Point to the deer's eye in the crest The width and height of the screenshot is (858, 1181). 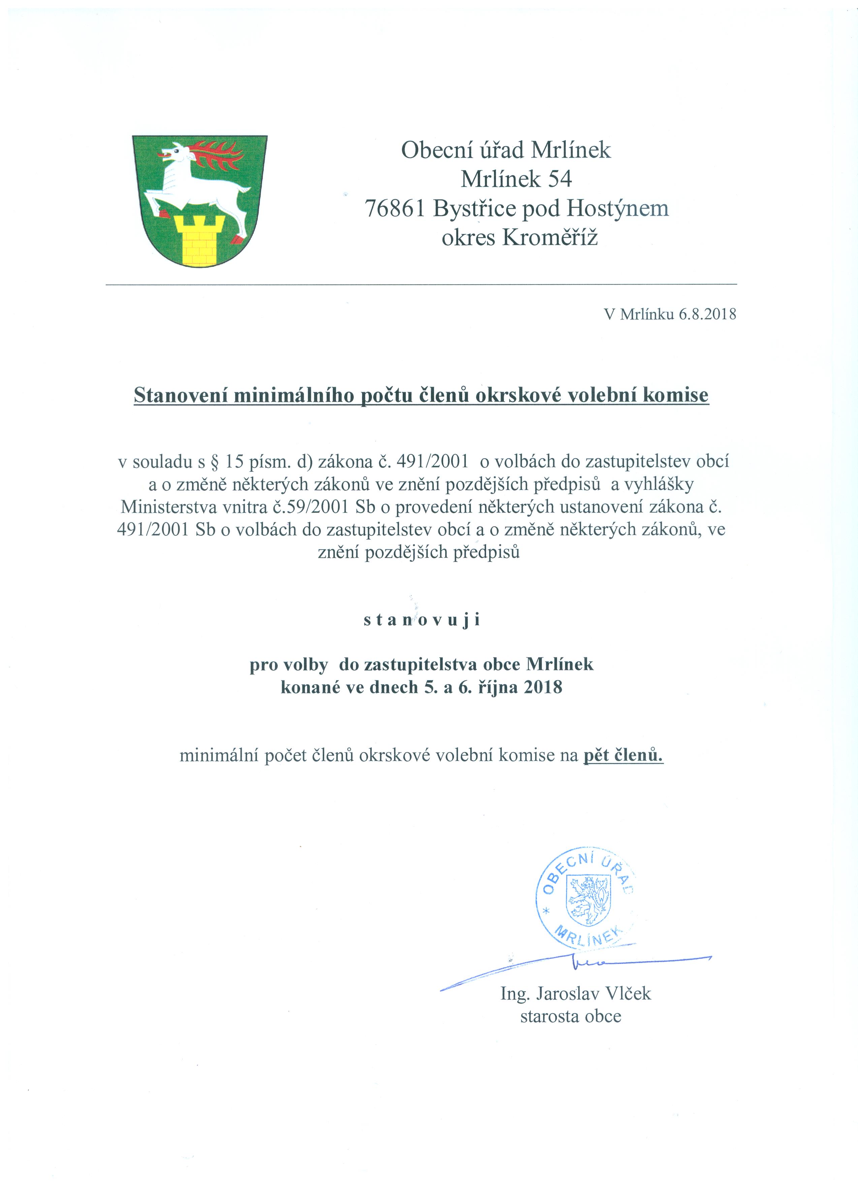click(178, 151)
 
